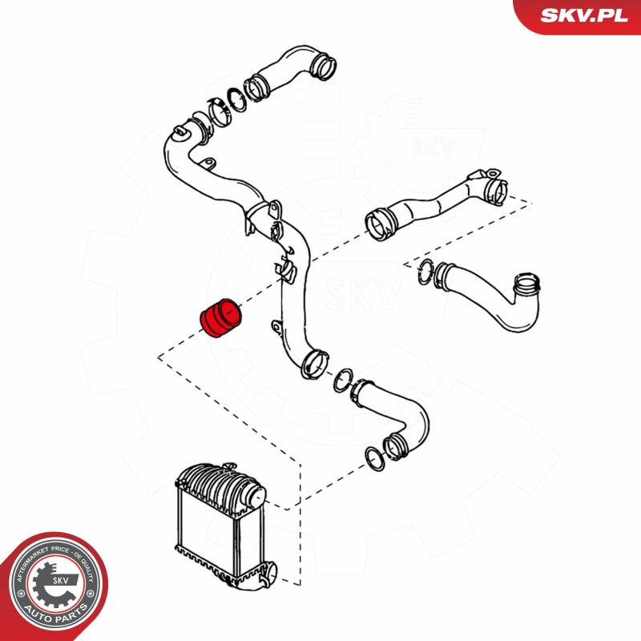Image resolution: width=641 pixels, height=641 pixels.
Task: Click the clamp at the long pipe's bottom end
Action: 311,365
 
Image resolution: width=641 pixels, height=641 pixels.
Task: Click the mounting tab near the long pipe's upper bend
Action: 207,165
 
